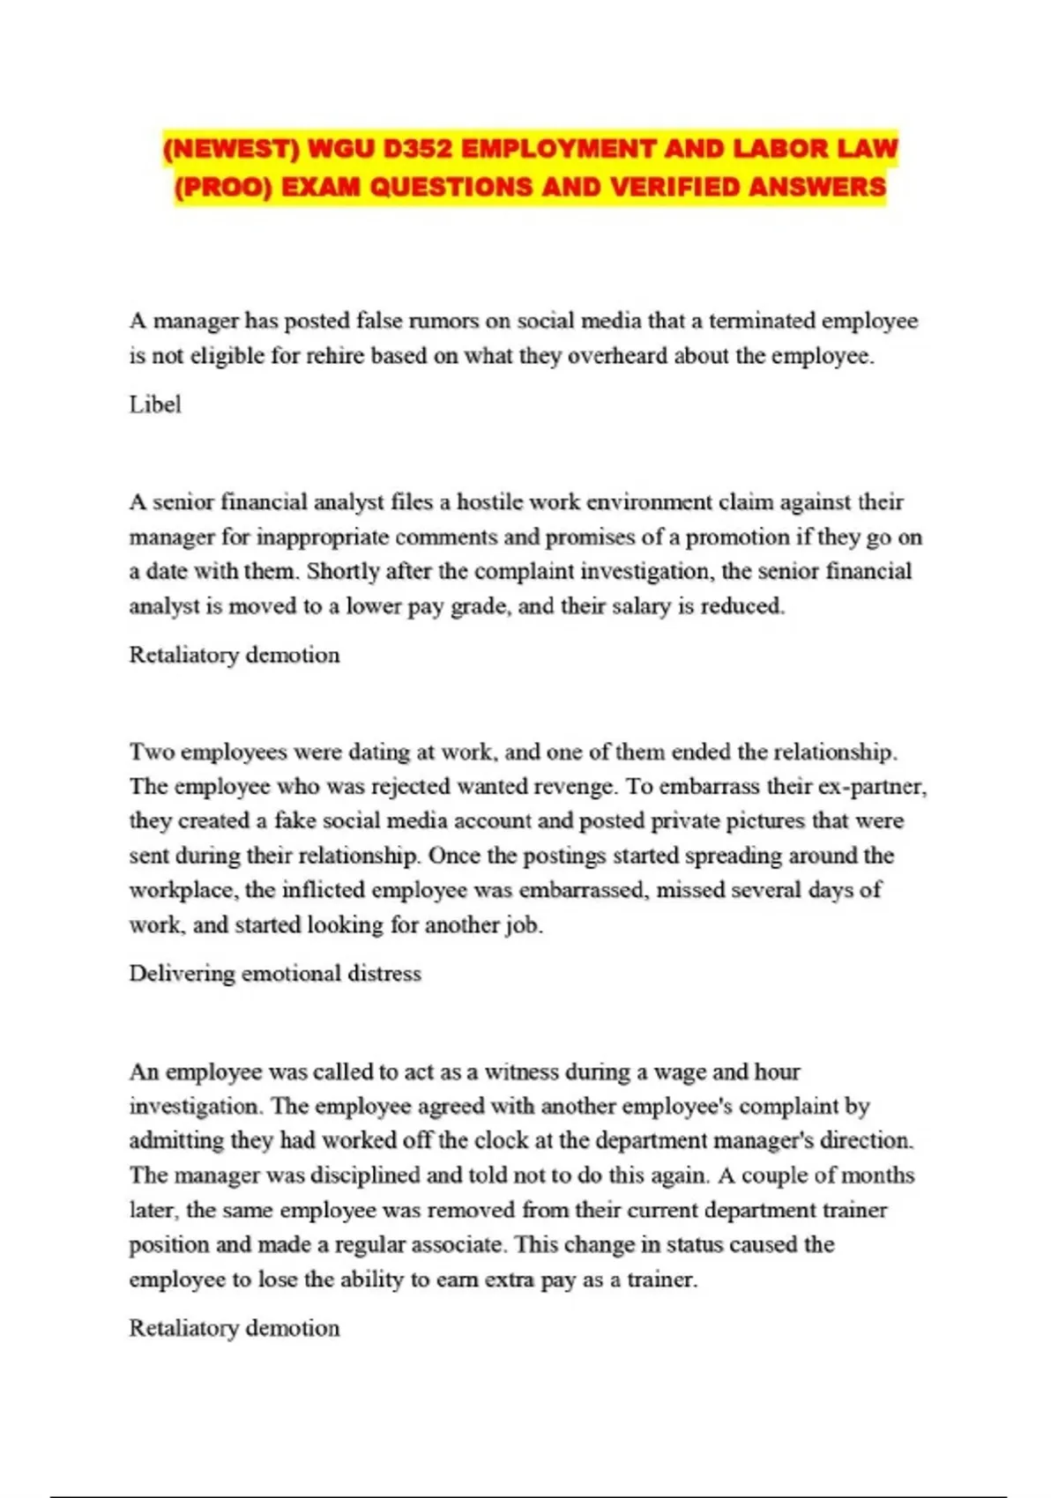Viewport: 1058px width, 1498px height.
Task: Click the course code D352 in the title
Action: click(x=417, y=148)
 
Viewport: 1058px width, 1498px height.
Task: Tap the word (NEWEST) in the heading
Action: click(x=232, y=148)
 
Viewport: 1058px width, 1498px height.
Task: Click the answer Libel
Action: click(x=155, y=404)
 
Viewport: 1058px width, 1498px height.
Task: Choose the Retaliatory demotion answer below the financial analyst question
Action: click(x=235, y=655)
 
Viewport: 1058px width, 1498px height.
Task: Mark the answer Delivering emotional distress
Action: click(x=275, y=973)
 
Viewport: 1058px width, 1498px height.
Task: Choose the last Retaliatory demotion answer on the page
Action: click(x=235, y=1328)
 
